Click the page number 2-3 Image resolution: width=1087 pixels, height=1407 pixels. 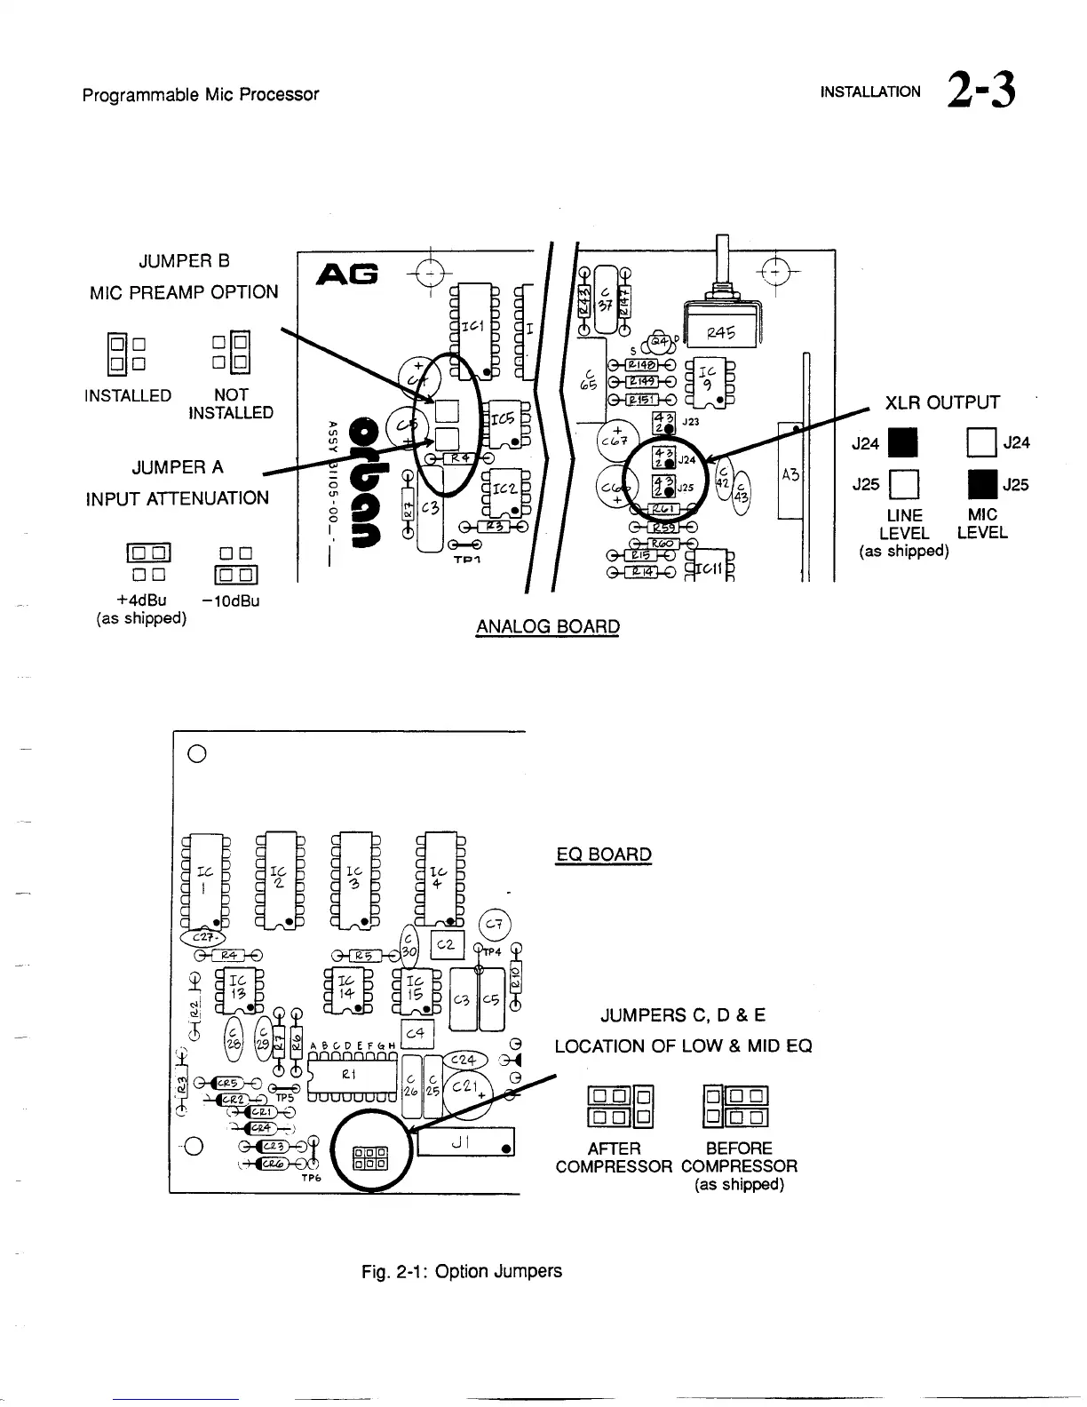[x=981, y=91]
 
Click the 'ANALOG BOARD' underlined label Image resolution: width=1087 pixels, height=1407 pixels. [x=547, y=626]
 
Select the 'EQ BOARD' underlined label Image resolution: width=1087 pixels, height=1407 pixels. [x=604, y=855]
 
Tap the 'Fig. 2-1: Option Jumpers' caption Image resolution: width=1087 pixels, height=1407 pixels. [x=462, y=1271]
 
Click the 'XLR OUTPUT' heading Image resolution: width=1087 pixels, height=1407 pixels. [x=942, y=403]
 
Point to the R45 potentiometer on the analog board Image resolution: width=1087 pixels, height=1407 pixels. [x=721, y=333]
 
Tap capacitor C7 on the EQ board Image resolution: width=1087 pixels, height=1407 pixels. [x=495, y=925]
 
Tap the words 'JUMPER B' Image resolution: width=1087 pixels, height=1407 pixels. [x=184, y=261]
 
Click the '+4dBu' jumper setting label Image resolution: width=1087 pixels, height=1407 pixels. [x=142, y=600]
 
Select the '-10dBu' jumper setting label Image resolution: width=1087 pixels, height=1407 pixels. [x=231, y=600]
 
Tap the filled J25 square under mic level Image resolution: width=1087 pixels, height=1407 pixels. [x=983, y=485]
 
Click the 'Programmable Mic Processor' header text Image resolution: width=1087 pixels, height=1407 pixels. [x=201, y=94]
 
